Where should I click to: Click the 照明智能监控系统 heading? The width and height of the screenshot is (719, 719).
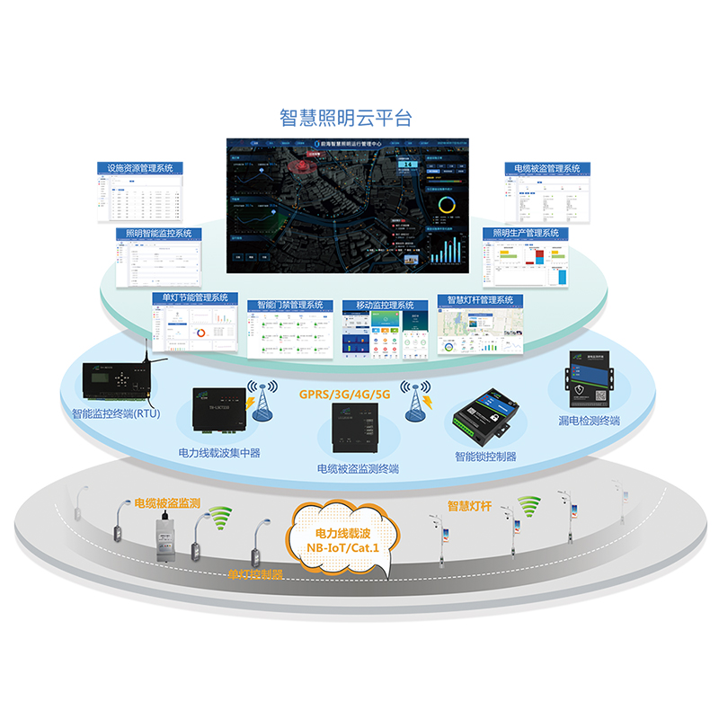click(x=159, y=234)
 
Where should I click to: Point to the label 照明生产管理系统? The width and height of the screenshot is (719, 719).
click(x=525, y=234)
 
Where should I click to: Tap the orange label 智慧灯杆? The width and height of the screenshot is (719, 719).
click(x=469, y=505)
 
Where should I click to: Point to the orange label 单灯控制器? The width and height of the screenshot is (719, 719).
click(x=255, y=573)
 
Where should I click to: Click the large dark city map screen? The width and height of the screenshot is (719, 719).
click(x=347, y=206)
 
